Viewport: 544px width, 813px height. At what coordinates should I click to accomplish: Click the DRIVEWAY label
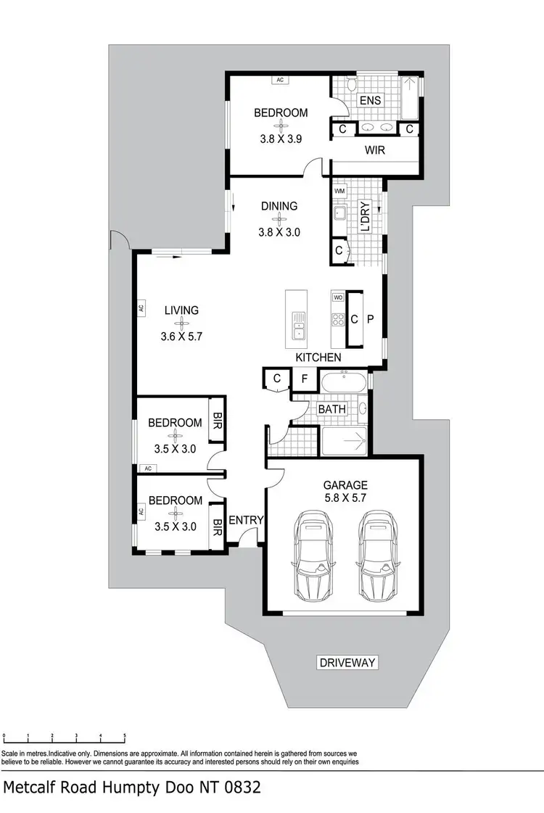(348, 662)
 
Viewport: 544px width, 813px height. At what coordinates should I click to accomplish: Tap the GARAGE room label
(345, 485)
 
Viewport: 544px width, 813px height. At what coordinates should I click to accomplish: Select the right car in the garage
(377, 557)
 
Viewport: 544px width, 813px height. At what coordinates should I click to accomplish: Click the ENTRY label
(246, 520)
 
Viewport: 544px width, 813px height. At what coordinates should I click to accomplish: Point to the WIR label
(375, 151)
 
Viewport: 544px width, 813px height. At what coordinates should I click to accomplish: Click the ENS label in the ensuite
(371, 100)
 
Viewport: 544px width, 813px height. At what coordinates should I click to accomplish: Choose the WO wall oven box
(337, 297)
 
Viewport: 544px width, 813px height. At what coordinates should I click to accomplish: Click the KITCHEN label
(318, 358)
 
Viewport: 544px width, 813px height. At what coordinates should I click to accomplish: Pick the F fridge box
(304, 379)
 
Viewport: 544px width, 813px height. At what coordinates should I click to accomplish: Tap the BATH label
(331, 409)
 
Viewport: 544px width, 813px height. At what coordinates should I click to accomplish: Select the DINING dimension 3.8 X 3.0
(279, 233)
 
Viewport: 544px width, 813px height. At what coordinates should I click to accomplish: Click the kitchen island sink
(298, 325)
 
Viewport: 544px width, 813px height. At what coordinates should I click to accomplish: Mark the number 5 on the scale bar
(125, 735)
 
